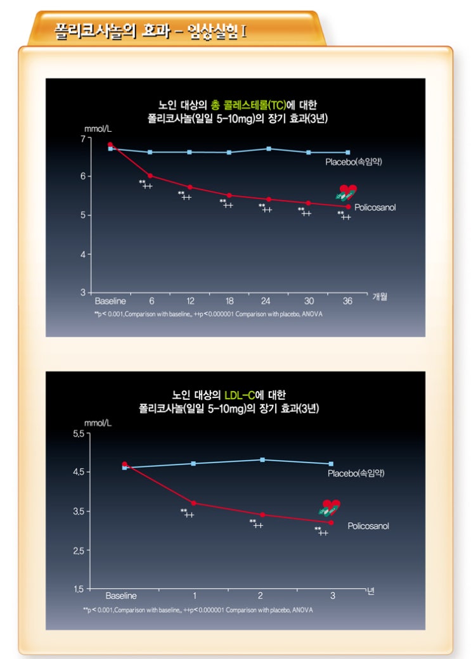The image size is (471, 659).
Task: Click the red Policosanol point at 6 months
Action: [150, 176]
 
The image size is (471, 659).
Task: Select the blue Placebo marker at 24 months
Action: [269, 149]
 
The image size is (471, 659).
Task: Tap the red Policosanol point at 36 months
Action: [348, 207]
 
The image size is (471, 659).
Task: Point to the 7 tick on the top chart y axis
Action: [82, 138]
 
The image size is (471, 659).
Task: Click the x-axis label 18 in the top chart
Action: [229, 301]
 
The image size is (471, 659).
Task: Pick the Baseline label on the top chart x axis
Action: [110, 301]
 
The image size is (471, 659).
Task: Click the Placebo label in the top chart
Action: [354, 162]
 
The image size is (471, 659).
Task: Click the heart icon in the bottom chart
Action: [330, 508]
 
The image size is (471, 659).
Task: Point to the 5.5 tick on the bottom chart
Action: [79, 434]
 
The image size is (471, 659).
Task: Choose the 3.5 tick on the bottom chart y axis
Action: [79, 511]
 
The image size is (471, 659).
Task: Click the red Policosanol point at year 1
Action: [193, 503]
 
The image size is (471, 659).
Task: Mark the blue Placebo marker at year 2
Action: [262, 459]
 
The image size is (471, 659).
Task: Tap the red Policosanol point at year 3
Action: [331, 522]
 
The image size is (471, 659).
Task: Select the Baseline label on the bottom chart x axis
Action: [121, 596]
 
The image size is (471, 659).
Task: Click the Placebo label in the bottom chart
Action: [356, 473]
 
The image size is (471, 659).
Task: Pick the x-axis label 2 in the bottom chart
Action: [261, 596]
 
